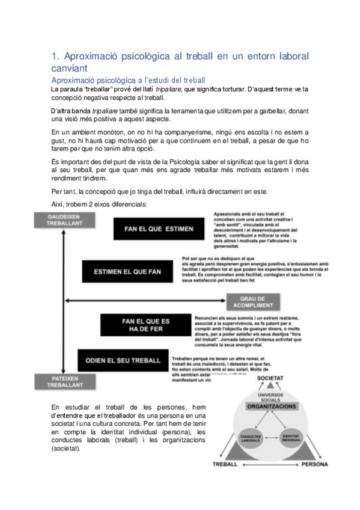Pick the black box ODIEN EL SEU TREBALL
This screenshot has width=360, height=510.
123,360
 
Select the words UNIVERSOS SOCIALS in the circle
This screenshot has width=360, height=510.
270,394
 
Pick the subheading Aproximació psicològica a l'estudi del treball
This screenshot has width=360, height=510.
129,81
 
